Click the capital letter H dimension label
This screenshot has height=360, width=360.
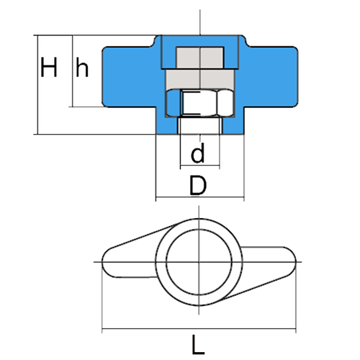click(x=49, y=67)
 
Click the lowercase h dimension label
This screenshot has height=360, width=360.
click(x=82, y=67)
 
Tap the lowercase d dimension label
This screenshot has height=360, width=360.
click(x=198, y=153)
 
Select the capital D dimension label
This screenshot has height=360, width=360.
click(x=198, y=185)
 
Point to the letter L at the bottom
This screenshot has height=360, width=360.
click(x=198, y=345)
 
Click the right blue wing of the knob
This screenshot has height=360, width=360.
click(x=271, y=77)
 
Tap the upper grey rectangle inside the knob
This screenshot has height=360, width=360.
click(x=200, y=58)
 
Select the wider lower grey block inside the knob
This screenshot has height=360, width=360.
click(x=200, y=79)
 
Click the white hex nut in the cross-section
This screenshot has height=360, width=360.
click(x=200, y=103)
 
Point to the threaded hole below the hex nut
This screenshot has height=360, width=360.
click(x=200, y=125)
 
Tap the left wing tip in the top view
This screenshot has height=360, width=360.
click(x=102, y=262)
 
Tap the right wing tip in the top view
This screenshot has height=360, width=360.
click(x=295, y=262)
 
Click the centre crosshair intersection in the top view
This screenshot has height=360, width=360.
click(x=199, y=262)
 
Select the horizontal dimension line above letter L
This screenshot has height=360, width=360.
click(x=199, y=329)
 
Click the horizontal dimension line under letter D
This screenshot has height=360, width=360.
click(x=200, y=197)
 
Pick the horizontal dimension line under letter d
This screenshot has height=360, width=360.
click(x=200, y=166)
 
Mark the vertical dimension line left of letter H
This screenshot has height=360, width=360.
click(x=38, y=85)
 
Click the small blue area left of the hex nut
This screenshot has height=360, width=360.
click(x=174, y=104)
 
